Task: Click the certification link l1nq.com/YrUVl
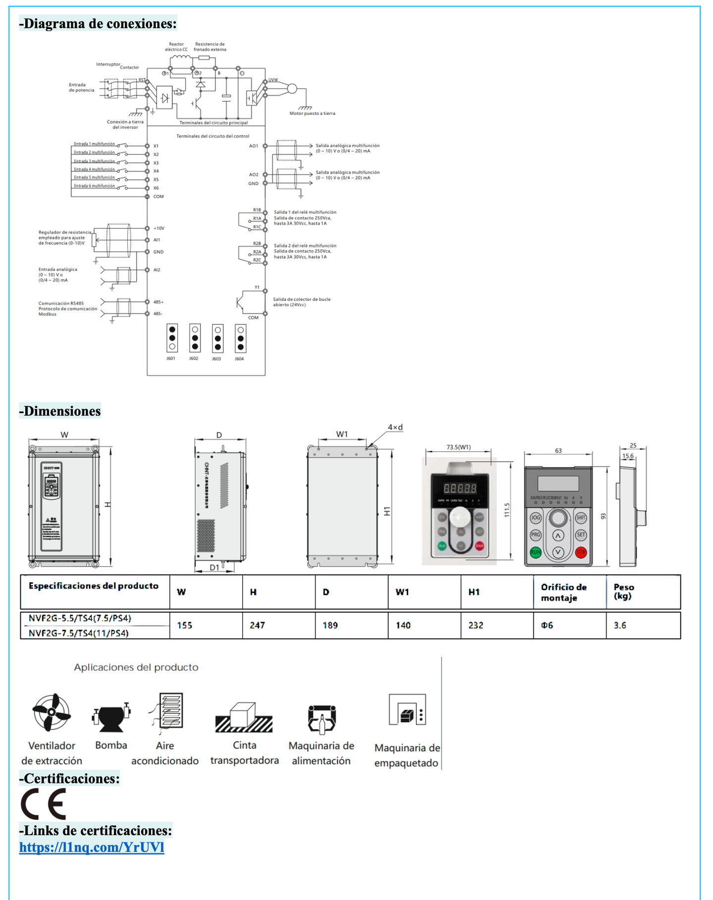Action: [x=92, y=847]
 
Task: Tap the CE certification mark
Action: [x=44, y=804]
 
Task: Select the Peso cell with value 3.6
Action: [x=620, y=626]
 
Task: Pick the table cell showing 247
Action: [x=257, y=626]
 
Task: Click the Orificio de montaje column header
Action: [x=563, y=592]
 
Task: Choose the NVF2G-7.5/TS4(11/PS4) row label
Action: [x=79, y=633]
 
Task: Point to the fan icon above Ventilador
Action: [x=51, y=712]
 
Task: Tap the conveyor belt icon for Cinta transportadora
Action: [x=244, y=718]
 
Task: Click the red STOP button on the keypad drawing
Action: [x=581, y=552]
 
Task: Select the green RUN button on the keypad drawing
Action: [x=536, y=552]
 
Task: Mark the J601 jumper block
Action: [x=172, y=338]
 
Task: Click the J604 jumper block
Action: [x=240, y=338]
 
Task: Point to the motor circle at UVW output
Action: [x=292, y=89]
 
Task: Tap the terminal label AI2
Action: [x=157, y=270]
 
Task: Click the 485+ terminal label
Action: [x=158, y=302]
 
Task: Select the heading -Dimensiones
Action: [x=60, y=411]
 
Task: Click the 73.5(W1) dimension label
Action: [x=458, y=447]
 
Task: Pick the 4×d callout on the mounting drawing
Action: [x=395, y=427]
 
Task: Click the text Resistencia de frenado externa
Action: [x=210, y=47]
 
